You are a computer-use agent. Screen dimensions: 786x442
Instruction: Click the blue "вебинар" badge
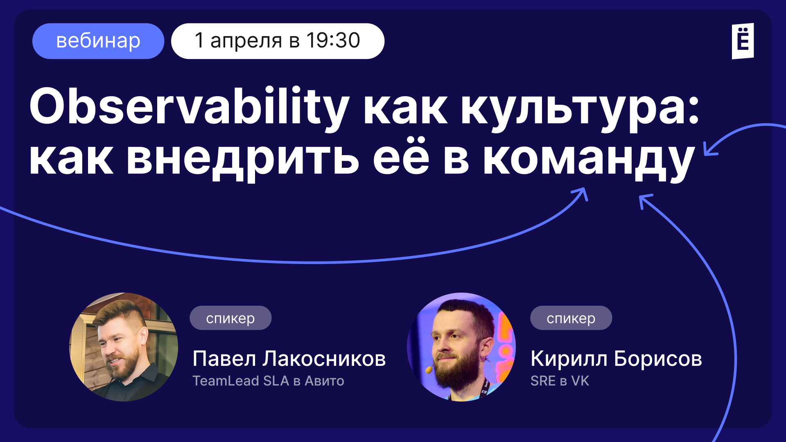click(x=98, y=41)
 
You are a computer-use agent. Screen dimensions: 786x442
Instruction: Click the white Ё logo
click(x=743, y=41)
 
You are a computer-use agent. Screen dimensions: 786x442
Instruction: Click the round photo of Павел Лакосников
click(x=124, y=347)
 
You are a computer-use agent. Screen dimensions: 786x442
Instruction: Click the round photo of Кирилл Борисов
click(x=461, y=347)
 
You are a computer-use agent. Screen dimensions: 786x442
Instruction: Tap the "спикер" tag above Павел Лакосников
click(x=230, y=318)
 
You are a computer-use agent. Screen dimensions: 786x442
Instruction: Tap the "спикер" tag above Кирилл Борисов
click(x=571, y=318)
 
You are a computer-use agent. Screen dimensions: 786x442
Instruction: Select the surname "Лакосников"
click(x=324, y=359)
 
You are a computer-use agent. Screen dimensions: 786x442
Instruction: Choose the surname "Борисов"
click(x=658, y=359)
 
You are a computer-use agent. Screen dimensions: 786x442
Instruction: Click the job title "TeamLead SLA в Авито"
click(x=268, y=381)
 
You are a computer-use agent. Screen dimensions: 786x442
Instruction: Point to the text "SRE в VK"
click(x=560, y=381)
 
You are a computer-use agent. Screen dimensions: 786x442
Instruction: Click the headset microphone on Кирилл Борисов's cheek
click(x=429, y=369)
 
